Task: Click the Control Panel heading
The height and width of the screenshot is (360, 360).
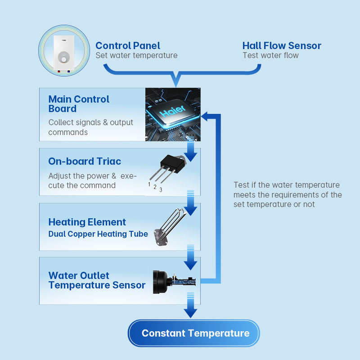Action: pyautogui.click(x=128, y=45)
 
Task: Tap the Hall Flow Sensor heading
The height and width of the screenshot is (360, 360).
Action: pyautogui.click(x=282, y=45)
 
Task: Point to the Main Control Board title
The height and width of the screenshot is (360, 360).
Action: pyautogui.click(x=79, y=104)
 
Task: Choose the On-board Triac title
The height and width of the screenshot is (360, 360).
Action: pyautogui.click(x=85, y=161)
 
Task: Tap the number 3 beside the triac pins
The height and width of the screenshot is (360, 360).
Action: pyautogui.click(x=161, y=190)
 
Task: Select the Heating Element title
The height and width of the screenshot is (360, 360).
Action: pyautogui.click(x=87, y=222)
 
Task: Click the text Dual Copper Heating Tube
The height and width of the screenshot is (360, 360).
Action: pyautogui.click(x=98, y=234)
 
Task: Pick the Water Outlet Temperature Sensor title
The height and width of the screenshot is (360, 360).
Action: pyautogui.click(x=97, y=280)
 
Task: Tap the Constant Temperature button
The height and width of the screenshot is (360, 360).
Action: pyautogui.click(x=195, y=333)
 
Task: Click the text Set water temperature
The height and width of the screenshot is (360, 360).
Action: pyautogui.click(x=136, y=55)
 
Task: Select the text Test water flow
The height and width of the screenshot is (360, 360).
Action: pyautogui.click(x=270, y=55)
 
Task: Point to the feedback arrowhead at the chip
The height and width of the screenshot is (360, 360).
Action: pyautogui.click(x=205, y=117)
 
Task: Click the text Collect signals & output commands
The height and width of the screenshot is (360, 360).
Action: pyautogui.click(x=91, y=127)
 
